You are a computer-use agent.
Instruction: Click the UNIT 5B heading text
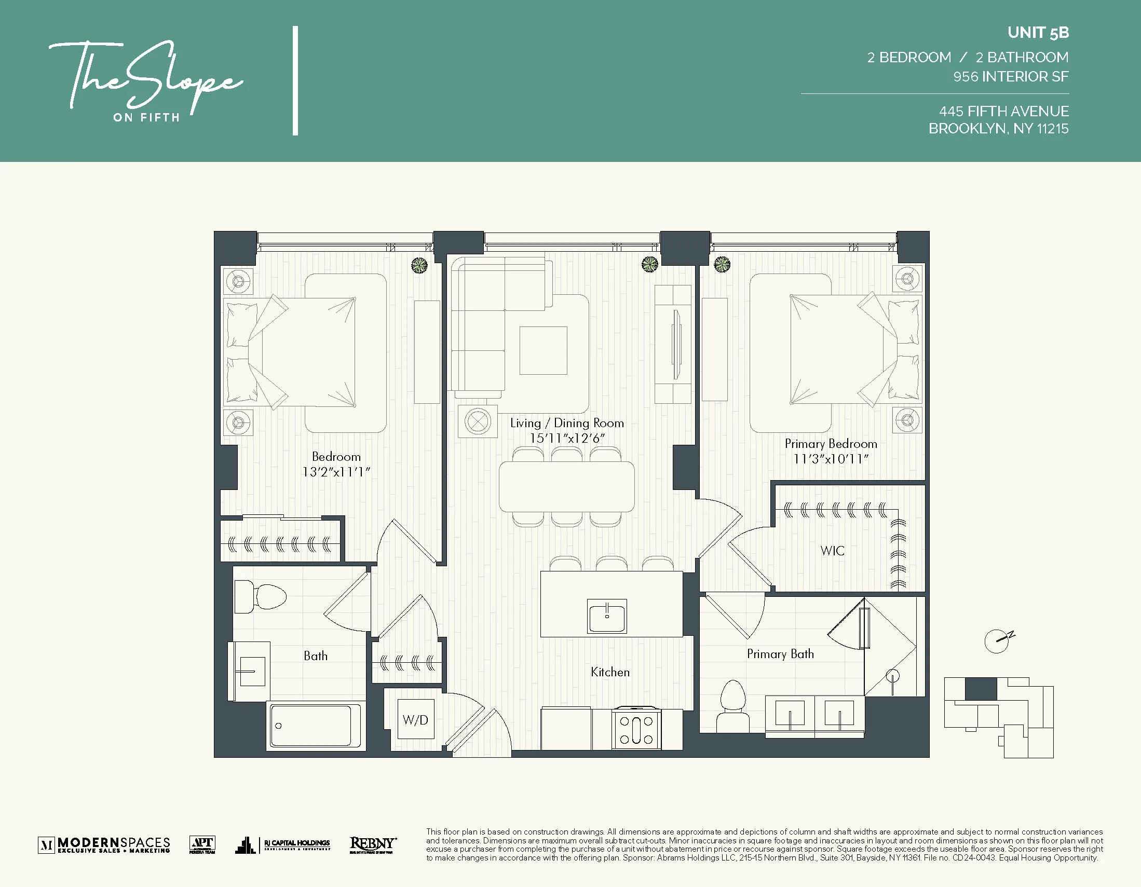click(1038, 33)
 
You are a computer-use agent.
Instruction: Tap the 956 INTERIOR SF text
click(1010, 77)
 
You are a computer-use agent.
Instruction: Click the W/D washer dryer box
click(416, 719)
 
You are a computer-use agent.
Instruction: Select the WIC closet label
click(832, 551)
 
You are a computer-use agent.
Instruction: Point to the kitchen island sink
click(607, 616)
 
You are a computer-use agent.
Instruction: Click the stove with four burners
click(636, 729)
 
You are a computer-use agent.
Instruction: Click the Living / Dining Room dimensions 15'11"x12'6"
click(567, 438)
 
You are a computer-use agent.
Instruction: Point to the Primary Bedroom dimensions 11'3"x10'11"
click(831, 459)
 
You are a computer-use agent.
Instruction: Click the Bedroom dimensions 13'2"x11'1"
click(336, 472)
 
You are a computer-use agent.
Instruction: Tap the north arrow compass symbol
click(998, 640)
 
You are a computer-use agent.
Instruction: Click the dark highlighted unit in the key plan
click(981, 689)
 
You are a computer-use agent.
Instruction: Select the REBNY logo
click(373, 844)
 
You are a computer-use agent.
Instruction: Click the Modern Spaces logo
click(104, 844)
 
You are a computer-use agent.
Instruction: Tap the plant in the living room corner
click(649, 265)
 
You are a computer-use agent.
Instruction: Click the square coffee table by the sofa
click(544, 350)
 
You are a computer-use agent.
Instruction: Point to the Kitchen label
click(609, 672)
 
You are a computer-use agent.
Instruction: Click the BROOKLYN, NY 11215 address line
click(998, 129)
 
